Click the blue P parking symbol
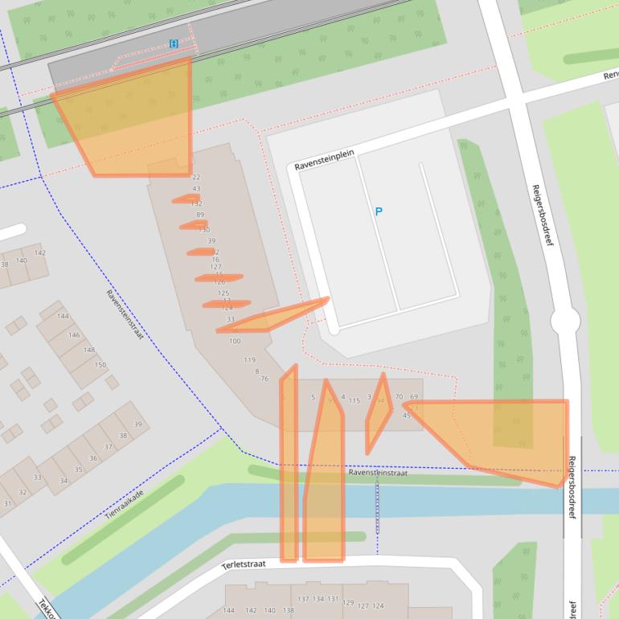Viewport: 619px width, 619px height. [379, 211]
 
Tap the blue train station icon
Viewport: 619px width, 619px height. [174, 43]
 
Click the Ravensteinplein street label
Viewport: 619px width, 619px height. [324, 158]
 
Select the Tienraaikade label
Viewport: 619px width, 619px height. [124, 503]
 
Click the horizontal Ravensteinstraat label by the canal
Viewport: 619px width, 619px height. [378, 473]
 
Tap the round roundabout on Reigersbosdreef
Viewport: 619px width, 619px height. [564, 323]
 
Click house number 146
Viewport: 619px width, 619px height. [74, 334]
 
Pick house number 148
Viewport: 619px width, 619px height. [89, 350]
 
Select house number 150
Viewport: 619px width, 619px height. [100, 365]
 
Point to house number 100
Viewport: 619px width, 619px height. [235, 341]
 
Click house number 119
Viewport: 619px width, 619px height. [249, 360]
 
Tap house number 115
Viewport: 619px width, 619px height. [354, 400]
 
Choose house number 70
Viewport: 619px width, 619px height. [399, 397]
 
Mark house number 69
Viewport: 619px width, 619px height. [414, 397]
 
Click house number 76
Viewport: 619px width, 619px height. [264, 379]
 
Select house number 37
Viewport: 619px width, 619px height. [109, 447]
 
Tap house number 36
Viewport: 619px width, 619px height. [93, 458]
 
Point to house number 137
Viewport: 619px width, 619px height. [303, 599]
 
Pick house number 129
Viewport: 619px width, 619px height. [348, 602]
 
